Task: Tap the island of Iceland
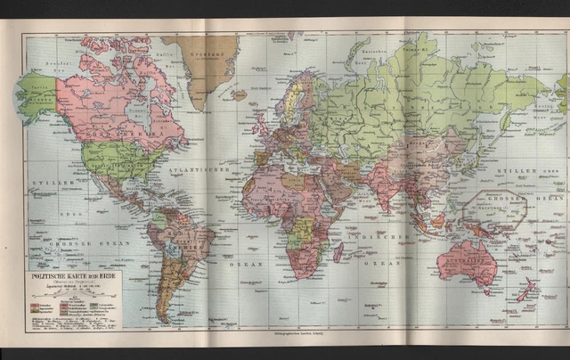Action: click(238, 92)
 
